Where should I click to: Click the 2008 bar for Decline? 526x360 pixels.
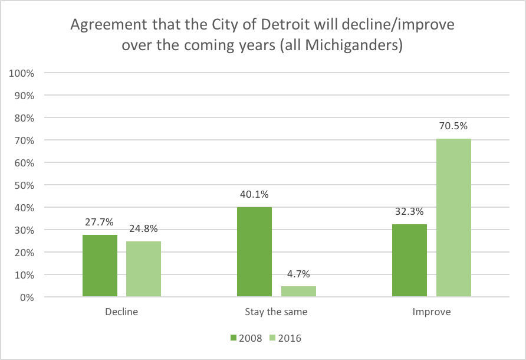point(100,266)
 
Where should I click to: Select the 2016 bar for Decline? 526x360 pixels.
point(143,269)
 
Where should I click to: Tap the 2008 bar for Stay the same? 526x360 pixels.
point(254,251)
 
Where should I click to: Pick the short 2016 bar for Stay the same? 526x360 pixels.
point(298,292)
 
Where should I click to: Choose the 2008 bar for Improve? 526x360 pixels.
point(409,260)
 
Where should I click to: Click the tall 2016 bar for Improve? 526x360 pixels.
point(453,218)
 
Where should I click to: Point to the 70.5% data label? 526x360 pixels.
point(453,126)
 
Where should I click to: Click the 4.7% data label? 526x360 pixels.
point(298,274)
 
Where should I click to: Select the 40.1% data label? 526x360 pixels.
point(254,195)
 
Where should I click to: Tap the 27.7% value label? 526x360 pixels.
point(100,222)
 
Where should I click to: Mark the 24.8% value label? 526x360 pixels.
point(143,229)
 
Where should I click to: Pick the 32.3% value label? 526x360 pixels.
point(409,212)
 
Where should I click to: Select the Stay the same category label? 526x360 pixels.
point(276,312)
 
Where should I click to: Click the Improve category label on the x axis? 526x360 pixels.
point(432,312)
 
